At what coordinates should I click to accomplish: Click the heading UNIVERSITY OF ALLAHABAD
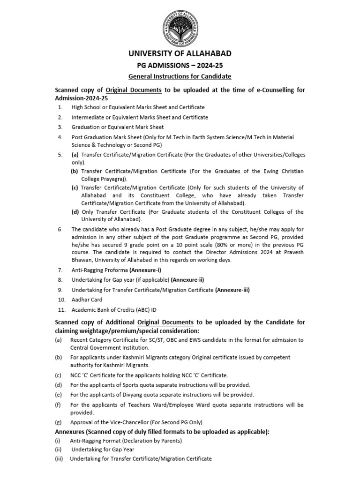coord(180,53)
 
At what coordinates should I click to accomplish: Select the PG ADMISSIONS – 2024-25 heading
coord(180,66)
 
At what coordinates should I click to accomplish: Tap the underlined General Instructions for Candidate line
coord(180,76)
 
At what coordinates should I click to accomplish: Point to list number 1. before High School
coord(60,107)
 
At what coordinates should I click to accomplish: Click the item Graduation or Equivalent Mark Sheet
coord(118,127)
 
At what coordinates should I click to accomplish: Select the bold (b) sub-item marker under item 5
coord(75,171)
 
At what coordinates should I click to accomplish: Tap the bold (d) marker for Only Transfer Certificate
coord(75,212)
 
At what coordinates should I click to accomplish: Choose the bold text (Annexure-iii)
coord(232,290)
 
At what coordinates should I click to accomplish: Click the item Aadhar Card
coord(87,300)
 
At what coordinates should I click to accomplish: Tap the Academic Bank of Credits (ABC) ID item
coord(114,310)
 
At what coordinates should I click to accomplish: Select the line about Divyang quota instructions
coord(162,395)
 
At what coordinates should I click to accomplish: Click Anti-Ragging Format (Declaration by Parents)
coord(126,441)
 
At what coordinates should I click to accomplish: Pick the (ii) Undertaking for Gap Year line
coord(102,450)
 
